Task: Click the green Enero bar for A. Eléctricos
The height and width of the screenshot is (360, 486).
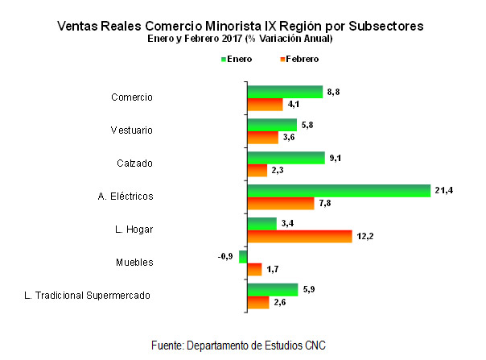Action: [x=338, y=190]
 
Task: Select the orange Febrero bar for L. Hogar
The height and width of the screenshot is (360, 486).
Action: [x=299, y=236]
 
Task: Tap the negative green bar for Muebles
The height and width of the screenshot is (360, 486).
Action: [x=243, y=256]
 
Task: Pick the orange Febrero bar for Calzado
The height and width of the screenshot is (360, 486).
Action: [x=257, y=170]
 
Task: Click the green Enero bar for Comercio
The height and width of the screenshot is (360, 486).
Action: [x=284, y=91]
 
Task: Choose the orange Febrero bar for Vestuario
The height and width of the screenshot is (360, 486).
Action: [x=262, y=137]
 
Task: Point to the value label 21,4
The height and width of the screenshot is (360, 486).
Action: [x=443, y=190]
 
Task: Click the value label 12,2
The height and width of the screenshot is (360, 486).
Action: [x=366, y=236]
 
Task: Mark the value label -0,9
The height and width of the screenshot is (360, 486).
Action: [x=225, y=256]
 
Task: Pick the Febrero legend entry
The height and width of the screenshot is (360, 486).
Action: [x=298, y=59]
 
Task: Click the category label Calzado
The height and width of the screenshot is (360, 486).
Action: [x=135, y=163]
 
